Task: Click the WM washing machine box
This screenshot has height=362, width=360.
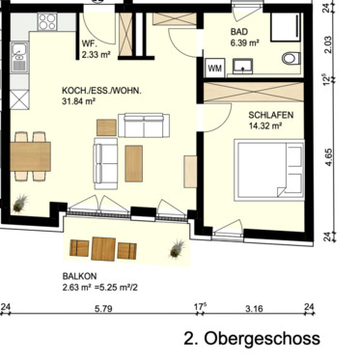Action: point(214,68)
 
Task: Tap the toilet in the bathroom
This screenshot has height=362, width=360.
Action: point(291,59)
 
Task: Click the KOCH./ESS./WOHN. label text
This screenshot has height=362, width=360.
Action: point(101,90)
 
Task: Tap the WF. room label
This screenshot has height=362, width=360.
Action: point(88,43)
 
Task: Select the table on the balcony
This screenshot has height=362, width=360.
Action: point(105,249)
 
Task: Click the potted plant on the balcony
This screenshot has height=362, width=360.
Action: point(176,249)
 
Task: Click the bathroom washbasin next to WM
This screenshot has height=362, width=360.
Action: point(240,67)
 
